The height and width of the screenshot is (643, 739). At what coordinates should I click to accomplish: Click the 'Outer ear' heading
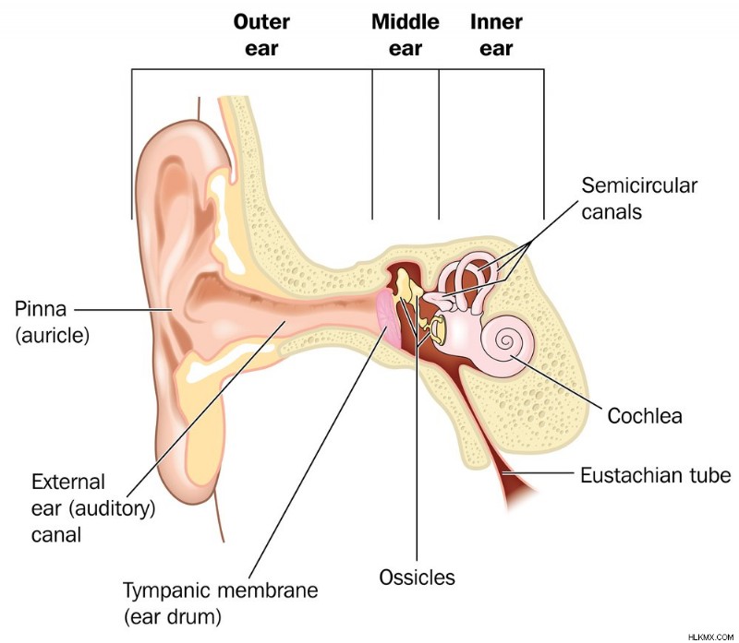[x=261, y=35]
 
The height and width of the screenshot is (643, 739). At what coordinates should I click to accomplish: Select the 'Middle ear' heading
[x=406, y=35]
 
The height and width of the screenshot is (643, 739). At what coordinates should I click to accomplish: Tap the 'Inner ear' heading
[x=496, y=35]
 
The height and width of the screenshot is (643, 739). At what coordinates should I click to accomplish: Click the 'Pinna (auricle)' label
[x=52, y=322]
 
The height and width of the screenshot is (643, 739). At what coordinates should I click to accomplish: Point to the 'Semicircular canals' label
[x=639, y=198]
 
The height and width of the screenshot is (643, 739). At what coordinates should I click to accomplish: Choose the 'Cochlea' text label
[x=644, y=416]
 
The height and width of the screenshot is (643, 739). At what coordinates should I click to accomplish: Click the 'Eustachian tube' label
[x=656, y=475]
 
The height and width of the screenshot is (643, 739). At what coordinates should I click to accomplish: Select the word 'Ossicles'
[x=418, y=578]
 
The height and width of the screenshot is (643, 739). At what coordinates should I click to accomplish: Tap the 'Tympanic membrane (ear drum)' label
[x=221, y=603]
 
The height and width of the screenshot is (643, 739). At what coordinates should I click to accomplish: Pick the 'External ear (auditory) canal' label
[x=93, y=508]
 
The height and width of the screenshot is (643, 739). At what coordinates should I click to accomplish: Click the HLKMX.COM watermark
[x=712, y=637]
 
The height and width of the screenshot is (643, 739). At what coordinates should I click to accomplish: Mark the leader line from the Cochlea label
[x=557, y=382]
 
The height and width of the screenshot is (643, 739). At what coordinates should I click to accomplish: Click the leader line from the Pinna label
[x=124, y=310]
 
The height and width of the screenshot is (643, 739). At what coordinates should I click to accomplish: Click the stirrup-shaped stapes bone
[x=437, y=328]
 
